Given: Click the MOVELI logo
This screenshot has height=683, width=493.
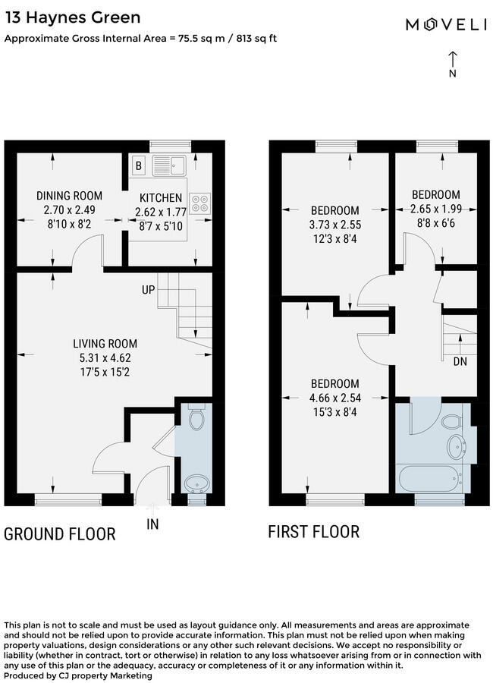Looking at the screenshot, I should (x=445, y=25).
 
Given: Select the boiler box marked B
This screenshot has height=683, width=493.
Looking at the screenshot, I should (x=140, y=165).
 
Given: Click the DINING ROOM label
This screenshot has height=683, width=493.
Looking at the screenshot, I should (x=69, y=196).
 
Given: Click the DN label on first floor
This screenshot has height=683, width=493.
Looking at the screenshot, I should (x=460, y=362).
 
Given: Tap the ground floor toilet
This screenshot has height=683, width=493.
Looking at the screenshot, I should (x=195, y=420).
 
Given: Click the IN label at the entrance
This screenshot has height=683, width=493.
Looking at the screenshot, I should (x=152, y=524).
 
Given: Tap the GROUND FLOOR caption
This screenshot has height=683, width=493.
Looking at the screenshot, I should (x=60, y=534).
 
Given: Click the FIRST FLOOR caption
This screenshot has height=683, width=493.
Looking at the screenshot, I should (x=313, y=531).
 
